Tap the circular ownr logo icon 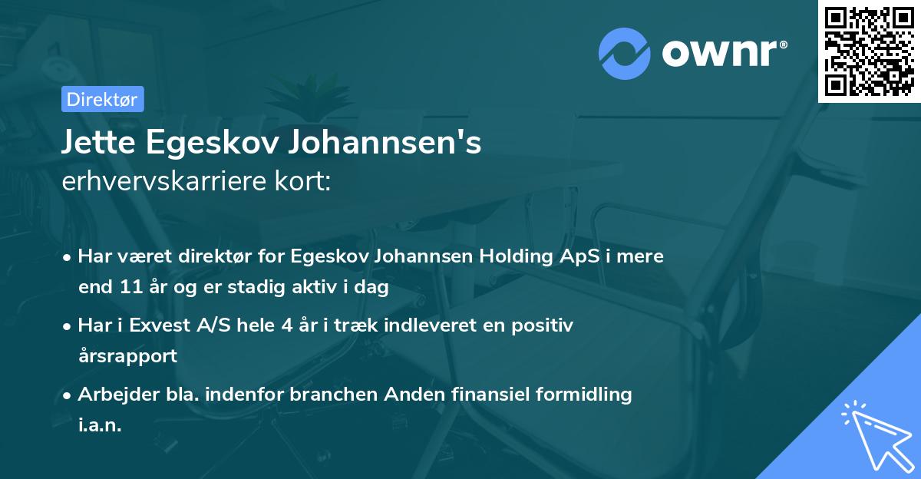pyautogui.click(x=625, y=52)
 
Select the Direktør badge pyautogui.click(x=102, y=99)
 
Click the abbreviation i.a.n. pyautogui.click(x=100, y=425)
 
